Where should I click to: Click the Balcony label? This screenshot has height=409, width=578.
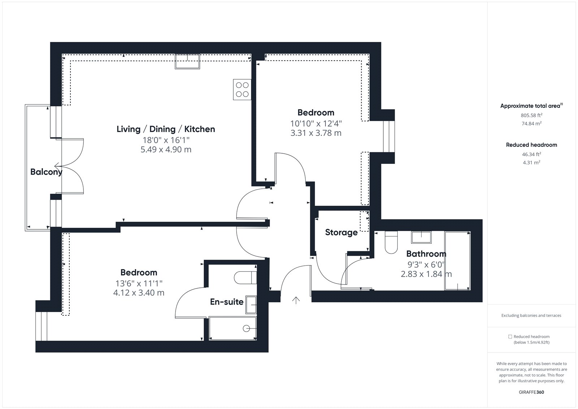pos(47,172)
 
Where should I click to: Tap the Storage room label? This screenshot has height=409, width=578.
pos(341,233)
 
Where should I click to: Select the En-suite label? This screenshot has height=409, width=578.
pos(227,302)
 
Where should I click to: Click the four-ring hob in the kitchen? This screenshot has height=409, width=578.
pos(242,89)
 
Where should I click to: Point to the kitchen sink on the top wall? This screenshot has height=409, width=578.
pos(187,61)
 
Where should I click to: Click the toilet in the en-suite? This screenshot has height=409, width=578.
pos(245,278)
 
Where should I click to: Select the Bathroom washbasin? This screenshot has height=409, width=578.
pos(421,238)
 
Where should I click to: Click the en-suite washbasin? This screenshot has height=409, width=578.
pos(251,305)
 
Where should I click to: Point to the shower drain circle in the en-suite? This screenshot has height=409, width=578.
pos(246,328)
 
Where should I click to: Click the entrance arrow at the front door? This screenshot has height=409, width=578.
pos(296,300)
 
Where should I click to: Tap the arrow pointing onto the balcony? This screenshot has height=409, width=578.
pos(58,165)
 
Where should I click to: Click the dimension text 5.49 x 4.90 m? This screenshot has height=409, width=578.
pos(166,150)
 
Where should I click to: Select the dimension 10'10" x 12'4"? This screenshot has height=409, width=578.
pos(316,124)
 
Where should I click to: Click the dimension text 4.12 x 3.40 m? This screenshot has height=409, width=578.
pos(139,293)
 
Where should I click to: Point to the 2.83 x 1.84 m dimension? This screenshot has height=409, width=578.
pos(426,274)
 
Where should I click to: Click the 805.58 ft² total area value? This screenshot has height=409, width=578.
pos(531,115)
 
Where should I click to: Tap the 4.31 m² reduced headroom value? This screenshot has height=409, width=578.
pos(531,162)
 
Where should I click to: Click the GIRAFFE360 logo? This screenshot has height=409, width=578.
pos(531,392)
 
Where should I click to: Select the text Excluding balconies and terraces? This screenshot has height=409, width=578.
pos(531,315)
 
